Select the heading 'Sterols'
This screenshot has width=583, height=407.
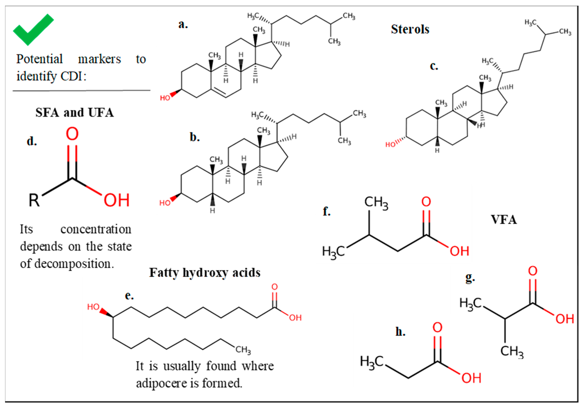point(410,29)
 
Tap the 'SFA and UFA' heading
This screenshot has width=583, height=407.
point(74,113)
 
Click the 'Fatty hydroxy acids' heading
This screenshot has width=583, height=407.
point(205,273)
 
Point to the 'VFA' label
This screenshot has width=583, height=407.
point(504,220)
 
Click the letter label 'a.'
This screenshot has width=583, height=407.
point(183,25)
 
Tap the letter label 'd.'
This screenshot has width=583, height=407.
point(32,141)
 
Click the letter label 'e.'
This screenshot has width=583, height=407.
point(129,296)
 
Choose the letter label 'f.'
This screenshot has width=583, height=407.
point(327,211)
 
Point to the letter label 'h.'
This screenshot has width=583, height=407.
point(400,332)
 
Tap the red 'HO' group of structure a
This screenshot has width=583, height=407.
point(165,98)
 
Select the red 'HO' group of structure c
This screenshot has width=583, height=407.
point(390,145)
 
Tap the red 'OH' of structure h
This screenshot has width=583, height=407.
point(471,378)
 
